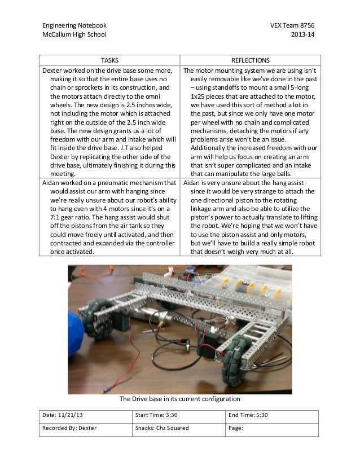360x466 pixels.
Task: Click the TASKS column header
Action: click(109, 60)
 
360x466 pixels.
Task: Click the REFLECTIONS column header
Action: click(251, 60)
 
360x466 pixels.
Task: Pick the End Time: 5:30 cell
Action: click(248, 415)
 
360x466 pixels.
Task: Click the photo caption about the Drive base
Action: click(180, 399)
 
